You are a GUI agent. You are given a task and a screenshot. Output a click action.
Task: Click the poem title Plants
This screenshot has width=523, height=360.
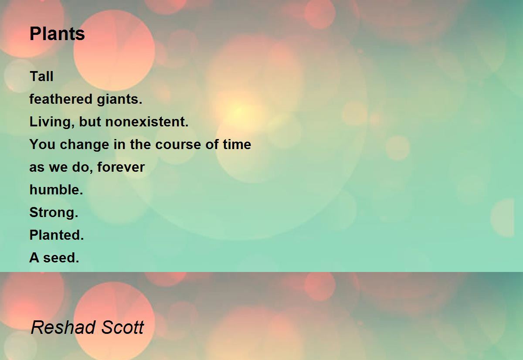click(x=57, y=34)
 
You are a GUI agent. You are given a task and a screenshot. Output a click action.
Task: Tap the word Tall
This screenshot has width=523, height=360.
click(x=41, y=77)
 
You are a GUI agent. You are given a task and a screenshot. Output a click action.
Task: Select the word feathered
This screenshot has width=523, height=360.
click(x=56, y=99)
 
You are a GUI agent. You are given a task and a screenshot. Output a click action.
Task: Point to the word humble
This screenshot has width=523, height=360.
click(x=56, y=190)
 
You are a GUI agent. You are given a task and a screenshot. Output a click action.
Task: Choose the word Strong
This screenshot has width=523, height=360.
click(x=54, y=213)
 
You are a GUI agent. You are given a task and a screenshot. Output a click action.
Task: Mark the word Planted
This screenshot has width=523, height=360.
click(x=56, y=235)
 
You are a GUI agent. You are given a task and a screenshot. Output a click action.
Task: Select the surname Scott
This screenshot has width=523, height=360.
click(x=123, y=327)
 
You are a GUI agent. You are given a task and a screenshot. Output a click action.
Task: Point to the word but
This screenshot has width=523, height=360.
click(x=90, y=122)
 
